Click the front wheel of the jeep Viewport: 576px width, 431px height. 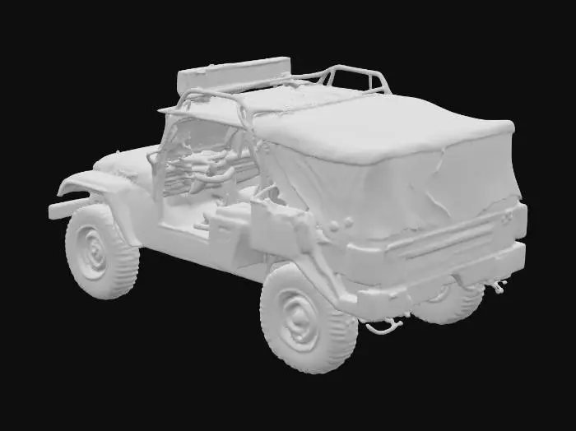100,250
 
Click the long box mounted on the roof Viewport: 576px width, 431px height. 235,75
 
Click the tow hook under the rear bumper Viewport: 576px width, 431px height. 383,327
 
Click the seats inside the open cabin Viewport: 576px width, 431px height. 206,169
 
